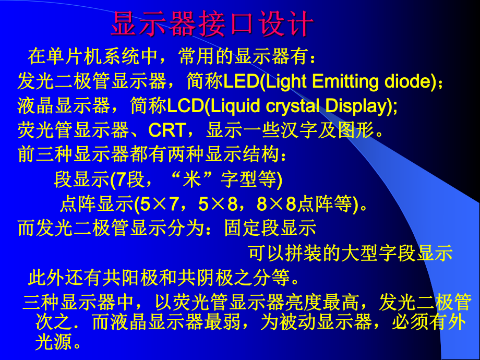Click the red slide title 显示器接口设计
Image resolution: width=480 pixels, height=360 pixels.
[x=212, y=25]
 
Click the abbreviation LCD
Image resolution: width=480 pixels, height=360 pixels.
[x=185, y=106]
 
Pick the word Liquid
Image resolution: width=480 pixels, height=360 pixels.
[x=235, y=106]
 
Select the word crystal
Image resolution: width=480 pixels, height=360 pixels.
[x=293, y=106]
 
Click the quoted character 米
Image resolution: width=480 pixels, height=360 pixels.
[x=195, y=179]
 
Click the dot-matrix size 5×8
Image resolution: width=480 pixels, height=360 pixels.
[x=213, y=204]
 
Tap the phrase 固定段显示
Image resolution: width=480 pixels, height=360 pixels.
[x=271, y=229]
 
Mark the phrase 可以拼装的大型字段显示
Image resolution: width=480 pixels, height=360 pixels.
[x=350, y=253]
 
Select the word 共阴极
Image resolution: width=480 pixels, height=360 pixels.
[x=204, y=278]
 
